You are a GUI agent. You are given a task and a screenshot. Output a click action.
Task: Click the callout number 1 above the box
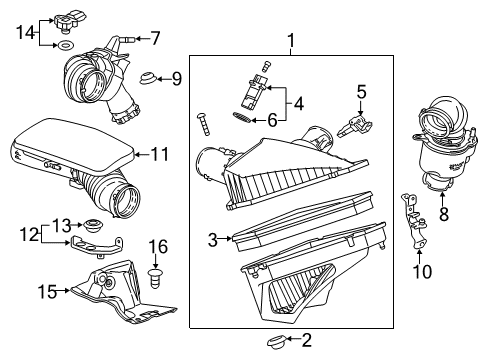291,41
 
